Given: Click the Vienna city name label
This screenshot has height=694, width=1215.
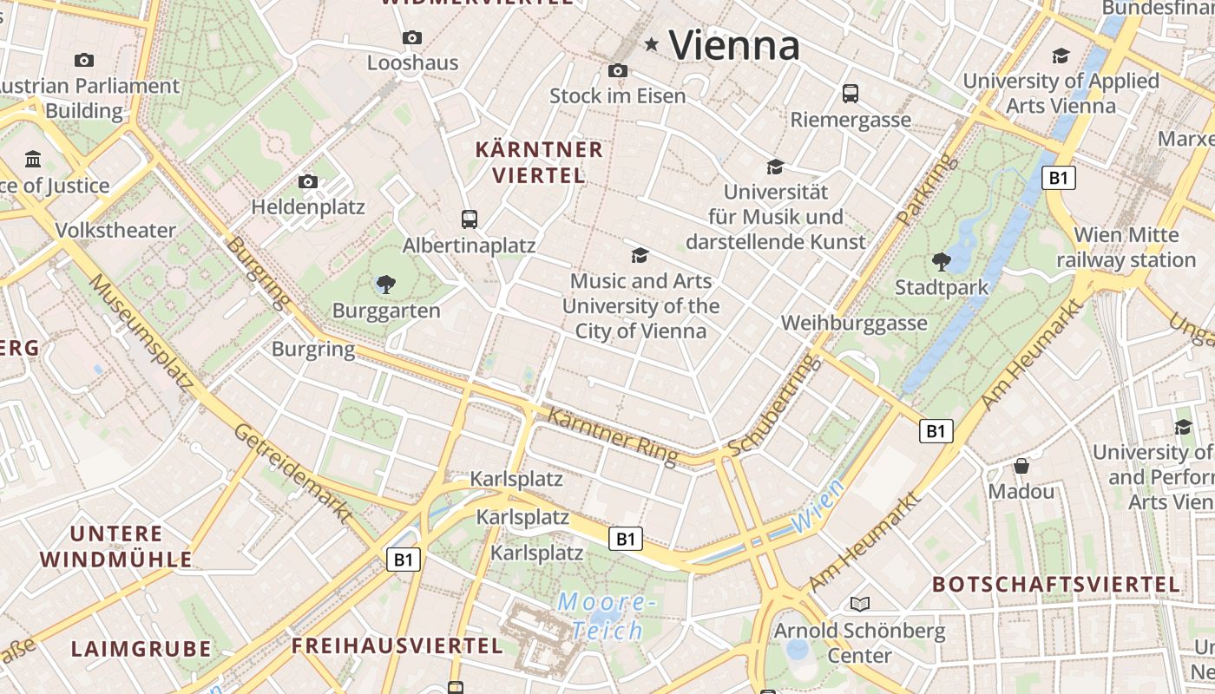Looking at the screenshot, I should pos(734,45).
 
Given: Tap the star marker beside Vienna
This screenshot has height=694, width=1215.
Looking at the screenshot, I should pos(651,43).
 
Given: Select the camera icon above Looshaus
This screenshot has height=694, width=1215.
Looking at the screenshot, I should pos(412,37).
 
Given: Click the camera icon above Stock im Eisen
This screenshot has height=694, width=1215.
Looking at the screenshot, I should pos(618,70).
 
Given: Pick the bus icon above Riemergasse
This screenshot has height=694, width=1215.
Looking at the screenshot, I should pos(850,93).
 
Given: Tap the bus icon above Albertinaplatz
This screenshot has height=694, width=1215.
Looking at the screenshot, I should pos(470,219).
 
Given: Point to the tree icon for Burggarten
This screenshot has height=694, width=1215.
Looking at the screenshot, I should pos(386,284).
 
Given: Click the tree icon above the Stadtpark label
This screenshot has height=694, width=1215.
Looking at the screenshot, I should pos(941,260).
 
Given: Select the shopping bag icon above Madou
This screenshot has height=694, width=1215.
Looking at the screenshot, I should pos(1021,466).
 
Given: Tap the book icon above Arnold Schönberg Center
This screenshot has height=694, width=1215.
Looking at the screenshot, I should pos(859,604).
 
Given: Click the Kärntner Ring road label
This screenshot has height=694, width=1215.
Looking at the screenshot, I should pos(613,436).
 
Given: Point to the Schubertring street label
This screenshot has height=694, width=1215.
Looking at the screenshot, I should pos(774,405).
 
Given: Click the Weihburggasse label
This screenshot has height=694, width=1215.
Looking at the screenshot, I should pos(854,324).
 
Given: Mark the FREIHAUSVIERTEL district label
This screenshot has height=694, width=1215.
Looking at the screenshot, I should pos(397,645).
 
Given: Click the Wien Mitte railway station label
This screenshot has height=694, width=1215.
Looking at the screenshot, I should pos(1126,247).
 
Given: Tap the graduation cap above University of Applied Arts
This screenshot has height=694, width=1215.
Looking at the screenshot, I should pos(1061,56).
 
